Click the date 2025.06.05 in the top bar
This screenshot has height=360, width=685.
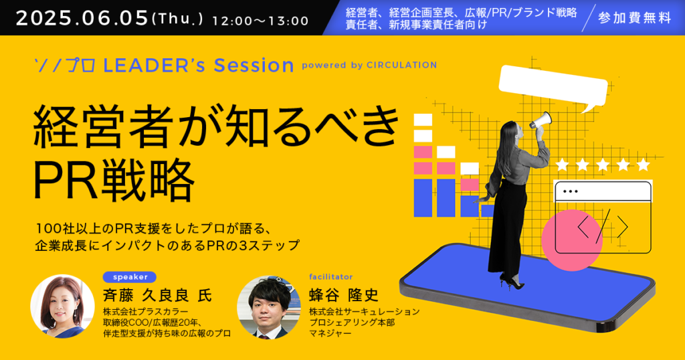82,18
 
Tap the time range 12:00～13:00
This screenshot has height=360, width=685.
260,21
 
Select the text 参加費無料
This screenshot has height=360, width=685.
634,18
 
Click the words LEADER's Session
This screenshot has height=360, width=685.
198,66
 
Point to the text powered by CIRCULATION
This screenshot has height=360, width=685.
369,65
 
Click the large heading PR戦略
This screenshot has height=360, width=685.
114,179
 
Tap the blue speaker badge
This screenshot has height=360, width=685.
130,277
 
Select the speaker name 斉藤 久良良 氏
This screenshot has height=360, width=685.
157,296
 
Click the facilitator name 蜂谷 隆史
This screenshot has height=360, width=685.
344,295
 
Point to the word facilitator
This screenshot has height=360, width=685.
330,276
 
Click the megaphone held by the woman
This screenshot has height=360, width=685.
541,120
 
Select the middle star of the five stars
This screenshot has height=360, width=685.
603,165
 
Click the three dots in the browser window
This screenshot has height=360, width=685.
571,191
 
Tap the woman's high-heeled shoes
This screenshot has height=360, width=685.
512,282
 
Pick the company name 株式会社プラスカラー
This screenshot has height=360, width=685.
145,312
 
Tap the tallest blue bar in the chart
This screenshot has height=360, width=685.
423,198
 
